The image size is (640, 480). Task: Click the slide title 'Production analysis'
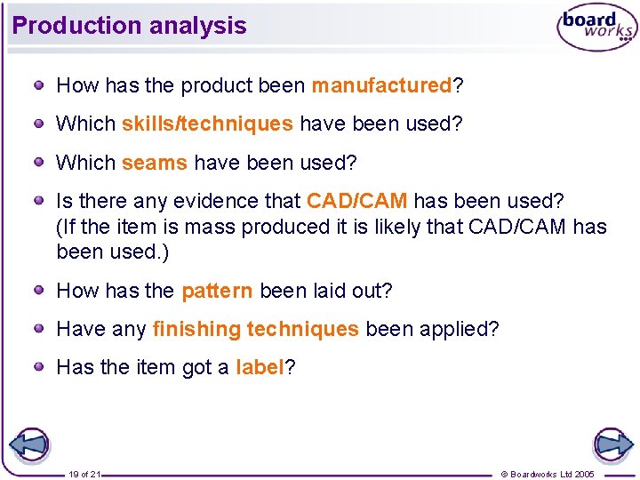click(x=130, y=26)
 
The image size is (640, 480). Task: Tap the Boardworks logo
click(x=596, y=28)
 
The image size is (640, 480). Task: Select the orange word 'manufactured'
click(x=381, y=86)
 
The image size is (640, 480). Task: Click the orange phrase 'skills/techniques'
click(x=206, y=124)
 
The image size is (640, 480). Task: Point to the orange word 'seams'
click(x=154, y=164)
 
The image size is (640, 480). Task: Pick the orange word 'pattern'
click(x=217, y=292)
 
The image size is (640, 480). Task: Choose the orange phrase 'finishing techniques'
click(x=255, y=330)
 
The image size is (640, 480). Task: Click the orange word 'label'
click(x=260, y=368)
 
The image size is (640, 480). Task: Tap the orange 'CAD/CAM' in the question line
click(x=356, y=202)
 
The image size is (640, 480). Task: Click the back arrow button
click(x=28, y=444)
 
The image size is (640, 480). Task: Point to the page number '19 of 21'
click(x=84, y=475)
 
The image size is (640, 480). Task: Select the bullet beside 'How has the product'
click(x=40, y=85)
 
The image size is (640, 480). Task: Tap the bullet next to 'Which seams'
click(x=40, y=163)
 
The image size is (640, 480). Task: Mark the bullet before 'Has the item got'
click(x=40, y=367)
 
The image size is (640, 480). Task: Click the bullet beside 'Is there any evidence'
click(x=40, y=201)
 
